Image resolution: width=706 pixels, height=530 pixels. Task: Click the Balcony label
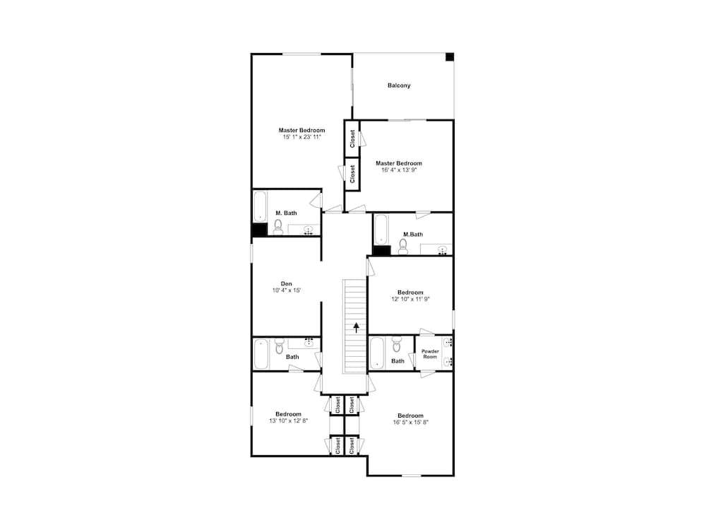[x=399, y=86]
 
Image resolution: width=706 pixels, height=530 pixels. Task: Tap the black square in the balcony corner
[x=449, y=57]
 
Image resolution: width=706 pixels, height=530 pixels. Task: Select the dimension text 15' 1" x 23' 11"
[x=301, y=137]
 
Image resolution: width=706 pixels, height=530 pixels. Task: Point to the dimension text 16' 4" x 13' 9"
[x=399, y=170]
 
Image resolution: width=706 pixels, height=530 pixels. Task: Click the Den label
[x=287, y=283]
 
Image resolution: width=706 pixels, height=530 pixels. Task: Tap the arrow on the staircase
[x=357, y=326]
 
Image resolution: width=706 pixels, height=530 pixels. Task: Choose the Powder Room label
[x=430, y=354]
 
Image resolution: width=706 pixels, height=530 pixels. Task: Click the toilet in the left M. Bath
[x=278, y=227]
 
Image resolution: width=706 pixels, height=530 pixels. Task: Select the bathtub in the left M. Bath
[x=260, y=206]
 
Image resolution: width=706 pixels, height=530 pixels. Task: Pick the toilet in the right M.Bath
[x=403, y=246]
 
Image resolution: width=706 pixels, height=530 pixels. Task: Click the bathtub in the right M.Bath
[x=381, y=229]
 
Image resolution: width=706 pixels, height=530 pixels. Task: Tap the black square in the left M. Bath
[x=259, y=230]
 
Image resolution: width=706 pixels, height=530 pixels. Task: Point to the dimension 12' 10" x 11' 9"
[x=410, y=299]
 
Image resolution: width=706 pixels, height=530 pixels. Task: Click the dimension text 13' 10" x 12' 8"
[x=288, y=420]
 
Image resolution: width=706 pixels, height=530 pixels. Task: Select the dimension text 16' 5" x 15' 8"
[x=410, y=422]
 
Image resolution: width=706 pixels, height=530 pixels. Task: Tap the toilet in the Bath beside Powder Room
[x=397, y=346]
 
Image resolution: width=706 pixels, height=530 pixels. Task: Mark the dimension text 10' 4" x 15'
[x=287, y=290]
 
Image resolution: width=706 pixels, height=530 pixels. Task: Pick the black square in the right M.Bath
[x=381, y=249]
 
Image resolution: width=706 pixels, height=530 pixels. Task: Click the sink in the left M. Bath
[x=308, y=231]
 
